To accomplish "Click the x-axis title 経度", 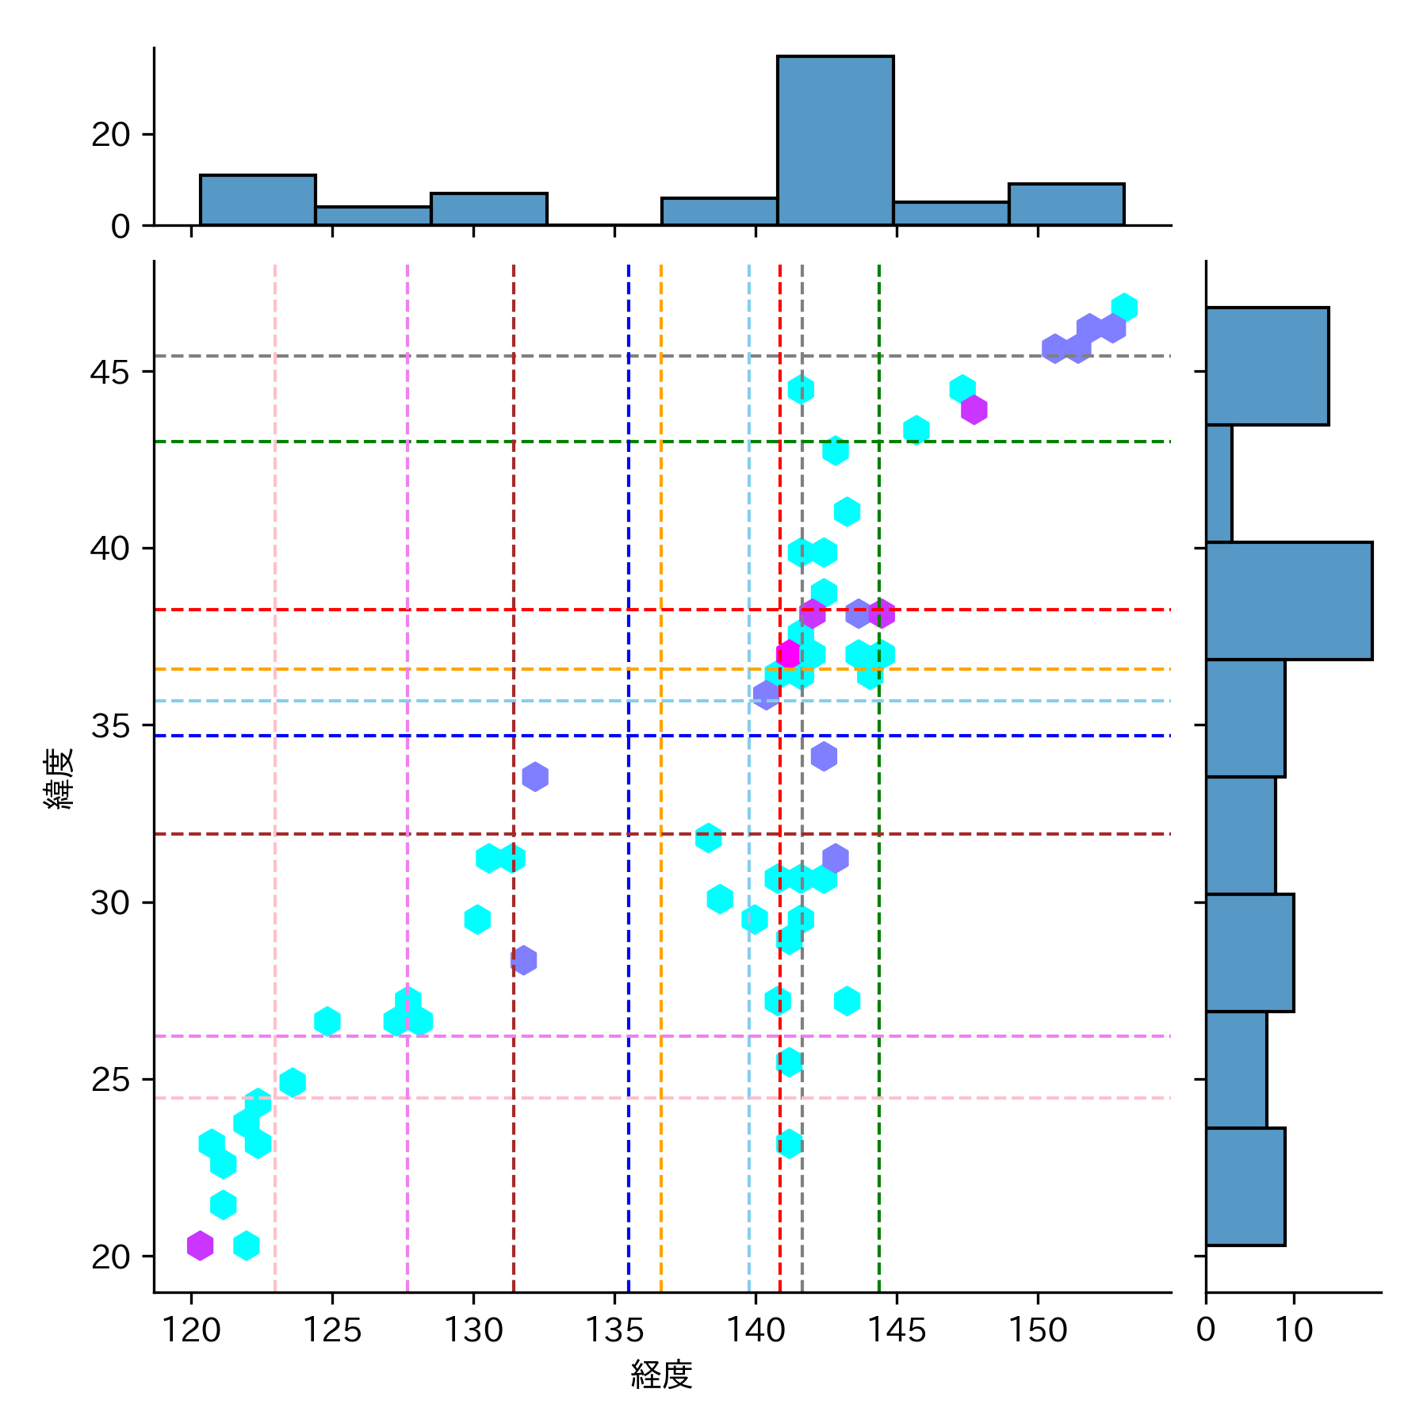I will tap(661, 1375).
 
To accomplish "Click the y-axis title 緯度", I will tap(59, 778).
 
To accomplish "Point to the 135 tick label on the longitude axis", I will tap(614, 1329).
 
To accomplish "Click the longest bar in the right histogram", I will tap(1288, 601).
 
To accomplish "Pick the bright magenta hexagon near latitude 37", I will tap(789, 654).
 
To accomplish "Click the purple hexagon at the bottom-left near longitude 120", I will tap(201, 1245).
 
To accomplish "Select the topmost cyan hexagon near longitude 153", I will tap(1124, 308).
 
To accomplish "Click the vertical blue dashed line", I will tap(629, 951).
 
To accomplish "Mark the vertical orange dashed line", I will tap(661, 951).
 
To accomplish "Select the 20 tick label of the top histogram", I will tap(110, 135).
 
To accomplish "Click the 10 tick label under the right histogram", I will tap(1294, 1329).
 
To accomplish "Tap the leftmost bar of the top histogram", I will tap(258, 201).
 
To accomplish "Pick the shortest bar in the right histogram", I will tap(1219, 484).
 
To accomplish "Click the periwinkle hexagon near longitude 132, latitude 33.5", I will tap(535, 776).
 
